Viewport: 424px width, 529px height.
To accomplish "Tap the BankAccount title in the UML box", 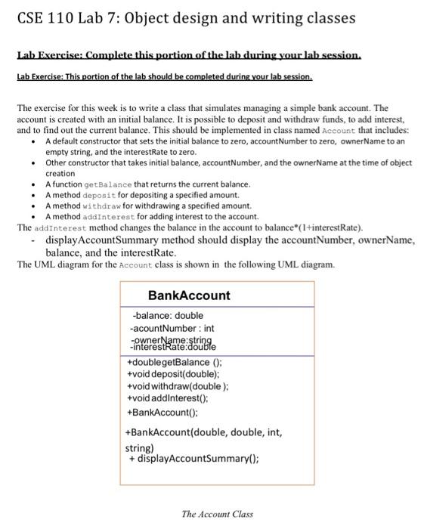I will pyautogui.click(x=189, y=295).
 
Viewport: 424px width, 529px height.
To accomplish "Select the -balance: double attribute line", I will pyautogui.click(x=167, y=316).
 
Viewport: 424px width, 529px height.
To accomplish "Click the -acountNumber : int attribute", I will pyautogui.click(x=172, y=329).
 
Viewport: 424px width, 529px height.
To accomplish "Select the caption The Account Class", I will pyautogui.click(x=217, y=514).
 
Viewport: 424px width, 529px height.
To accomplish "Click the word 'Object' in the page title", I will pyautogui.click(x=156, y=17).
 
